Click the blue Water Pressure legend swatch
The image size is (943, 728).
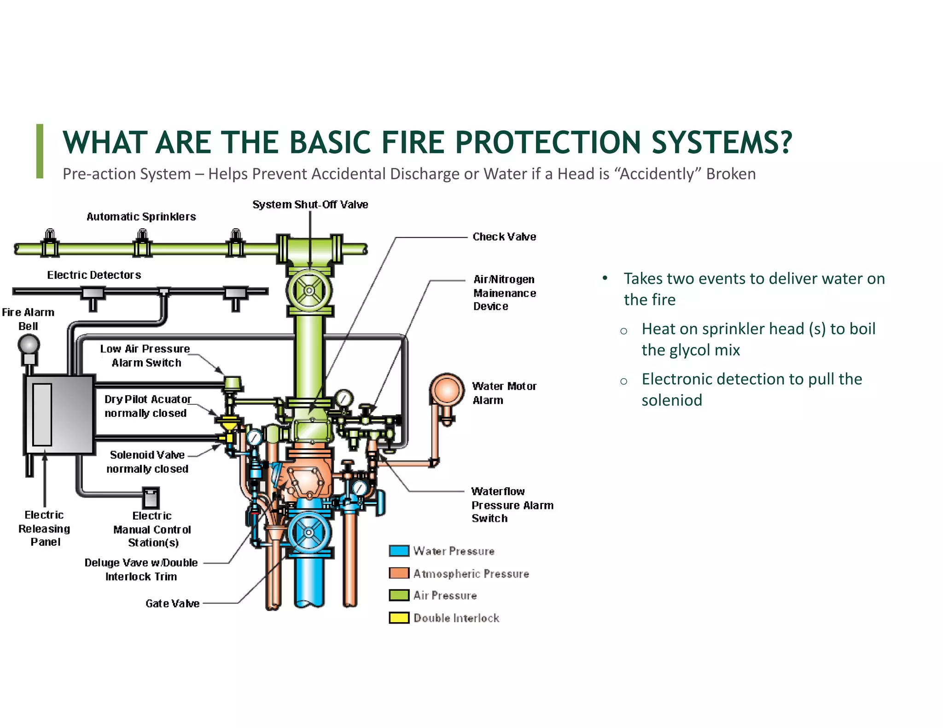click(399, 551)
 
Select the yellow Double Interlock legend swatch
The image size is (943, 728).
click(399, 618)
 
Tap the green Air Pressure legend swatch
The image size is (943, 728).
click(399, 595)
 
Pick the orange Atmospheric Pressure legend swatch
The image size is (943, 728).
click(399, 573)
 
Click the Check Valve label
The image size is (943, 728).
click(504, 237)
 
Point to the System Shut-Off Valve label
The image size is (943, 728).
click(310, 204)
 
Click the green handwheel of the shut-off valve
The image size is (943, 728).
click(309, 290)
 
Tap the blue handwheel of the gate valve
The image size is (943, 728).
click(309, 532)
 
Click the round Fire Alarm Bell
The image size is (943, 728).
click(29, 344)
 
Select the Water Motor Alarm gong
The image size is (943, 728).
click(447, 390)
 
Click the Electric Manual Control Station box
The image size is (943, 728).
click(151, 498)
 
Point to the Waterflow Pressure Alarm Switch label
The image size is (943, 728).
click(512, 505)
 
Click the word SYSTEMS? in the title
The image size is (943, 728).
click(722, 142)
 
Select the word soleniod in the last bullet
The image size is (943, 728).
click(672, 400)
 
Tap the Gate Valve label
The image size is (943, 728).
click(172, 603)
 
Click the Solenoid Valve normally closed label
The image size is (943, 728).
click(147, 462)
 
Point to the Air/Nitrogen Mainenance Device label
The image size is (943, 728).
click(504, 293)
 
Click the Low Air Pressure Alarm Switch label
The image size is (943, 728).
click(146, 356)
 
